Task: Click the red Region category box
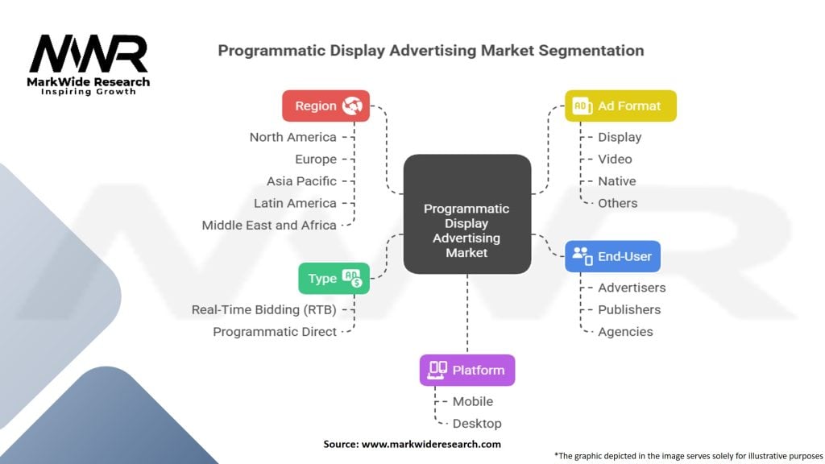click(325, 106)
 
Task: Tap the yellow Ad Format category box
click(620, 106)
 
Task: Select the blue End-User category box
click(612, 256)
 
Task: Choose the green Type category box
click(334, 279)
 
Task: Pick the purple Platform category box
click(466, 370)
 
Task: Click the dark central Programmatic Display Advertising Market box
click(466, 230)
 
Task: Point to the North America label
click(292, 137)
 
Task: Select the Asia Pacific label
click(301, 181)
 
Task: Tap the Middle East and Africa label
click(269, 226)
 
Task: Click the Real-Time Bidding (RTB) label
click(263, 309)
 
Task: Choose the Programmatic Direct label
click(275, 332)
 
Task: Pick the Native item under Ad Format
click(616, 181)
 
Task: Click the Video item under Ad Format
click(615, 159)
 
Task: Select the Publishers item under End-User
click(628, 310)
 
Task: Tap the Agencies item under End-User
click(625, 332)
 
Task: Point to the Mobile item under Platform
click(472, 401)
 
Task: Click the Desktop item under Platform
click(476, 424)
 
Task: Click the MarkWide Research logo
click(89, 64)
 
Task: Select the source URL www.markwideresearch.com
click(431, 444)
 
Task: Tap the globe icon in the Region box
click(352, 106)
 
